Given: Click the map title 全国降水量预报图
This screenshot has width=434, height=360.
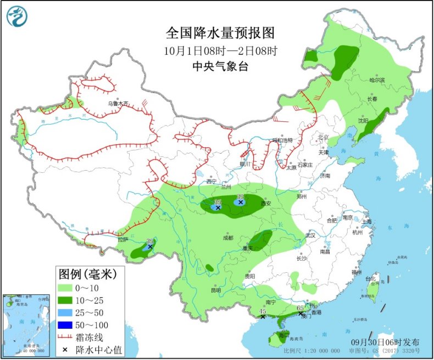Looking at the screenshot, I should pyautogui.click(x=220, y=33).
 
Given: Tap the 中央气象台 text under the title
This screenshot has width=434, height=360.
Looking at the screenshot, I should pyautogui.click(x=220, y=66).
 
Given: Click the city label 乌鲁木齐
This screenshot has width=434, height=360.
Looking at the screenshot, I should pyautogui.click(x=118, y=103).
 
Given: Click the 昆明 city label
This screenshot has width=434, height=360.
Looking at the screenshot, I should pyautogui.click(x=215, y=290).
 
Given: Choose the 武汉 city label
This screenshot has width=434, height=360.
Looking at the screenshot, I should pyautogui.click(x=311, y=235).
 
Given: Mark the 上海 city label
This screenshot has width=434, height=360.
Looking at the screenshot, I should pyautogui.click(x=366, y=221).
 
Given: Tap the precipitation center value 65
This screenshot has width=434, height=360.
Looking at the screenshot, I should pyautogui.click(x=300, y=308).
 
